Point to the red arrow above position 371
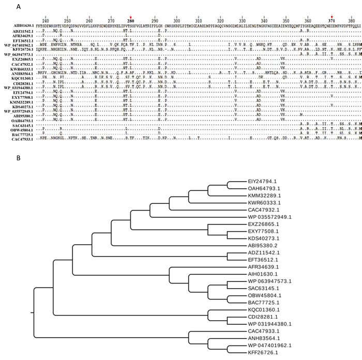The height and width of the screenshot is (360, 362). tap(331, 16)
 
